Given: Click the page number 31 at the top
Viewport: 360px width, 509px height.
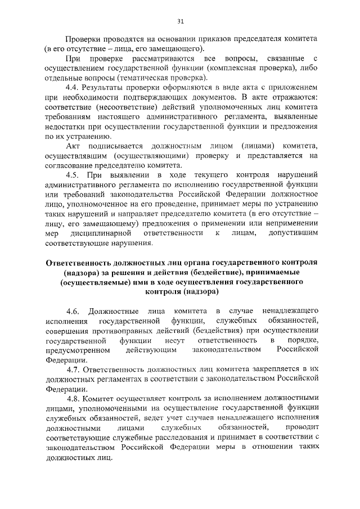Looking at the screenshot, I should pyautogui.click(x=181, y=21).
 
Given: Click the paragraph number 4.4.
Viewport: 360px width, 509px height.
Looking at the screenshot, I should pyautogui.click(x=73, y=88).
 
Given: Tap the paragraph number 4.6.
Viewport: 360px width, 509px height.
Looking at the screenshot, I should pyautogui.click(x=74, y=310).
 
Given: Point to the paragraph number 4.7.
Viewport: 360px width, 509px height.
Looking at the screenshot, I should pyautogui.click(x=74, y=370).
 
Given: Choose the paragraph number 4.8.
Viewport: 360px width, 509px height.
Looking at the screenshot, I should pyautogui.click(x=74, y=399).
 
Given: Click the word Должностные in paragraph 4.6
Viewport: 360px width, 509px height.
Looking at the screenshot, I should pyautogui.click(x=114, y=310).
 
